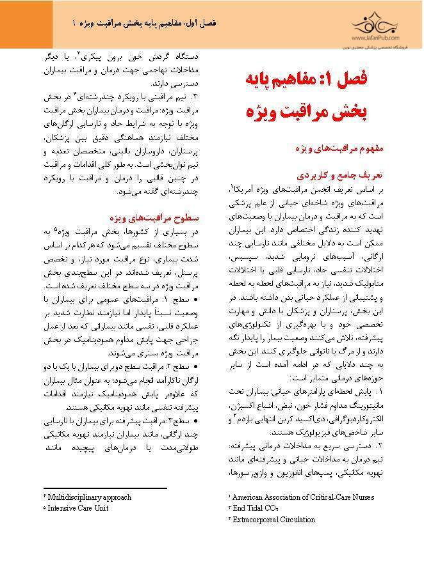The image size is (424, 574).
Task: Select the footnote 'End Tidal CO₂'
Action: click(x=256, y=508)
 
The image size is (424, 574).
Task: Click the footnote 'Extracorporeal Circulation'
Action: click(x=275, y=520)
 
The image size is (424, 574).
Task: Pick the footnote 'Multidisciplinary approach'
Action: click(x=88, y=497)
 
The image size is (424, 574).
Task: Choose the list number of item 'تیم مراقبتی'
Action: click(x=197, y=97)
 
